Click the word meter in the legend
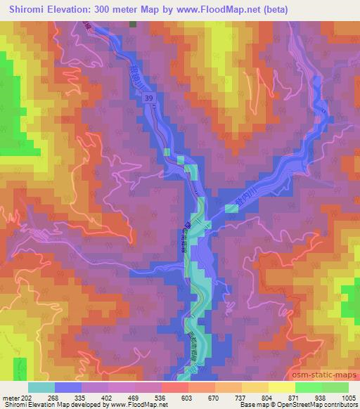coord(11,397)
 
